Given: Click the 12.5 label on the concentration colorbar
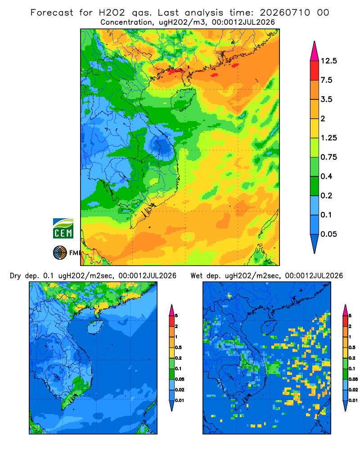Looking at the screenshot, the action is tap(328, 61).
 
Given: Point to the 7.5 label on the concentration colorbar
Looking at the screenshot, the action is tap(326, 80).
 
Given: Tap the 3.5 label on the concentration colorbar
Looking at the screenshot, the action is tap(326, 99).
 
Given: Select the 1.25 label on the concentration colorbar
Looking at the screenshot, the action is tap(328, 138).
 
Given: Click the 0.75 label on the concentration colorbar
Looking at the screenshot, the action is tap(328, 157).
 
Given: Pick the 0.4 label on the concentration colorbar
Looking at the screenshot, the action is tap(326, 176).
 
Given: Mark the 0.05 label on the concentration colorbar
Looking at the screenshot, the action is tap(328, 234).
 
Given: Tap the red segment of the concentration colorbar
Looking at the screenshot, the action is tap(315, 71).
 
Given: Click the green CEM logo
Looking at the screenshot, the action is tap(63, 229).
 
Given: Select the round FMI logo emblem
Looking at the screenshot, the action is tap(60, 253).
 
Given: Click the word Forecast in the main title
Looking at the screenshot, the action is tap(52, 13).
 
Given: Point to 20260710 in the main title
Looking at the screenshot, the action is tap(285, 13).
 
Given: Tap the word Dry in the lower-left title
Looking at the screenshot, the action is tap(15, 276).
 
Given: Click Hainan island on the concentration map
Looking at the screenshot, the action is tap(183, 99).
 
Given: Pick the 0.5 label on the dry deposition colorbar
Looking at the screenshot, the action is tap(178, 347).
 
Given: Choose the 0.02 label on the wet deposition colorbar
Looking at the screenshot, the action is tap(353, 390).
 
